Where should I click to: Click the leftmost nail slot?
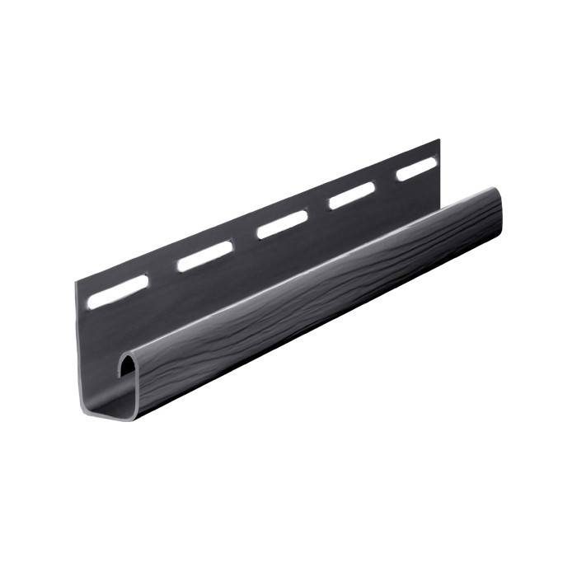[118, 292]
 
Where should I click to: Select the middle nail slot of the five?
[282, 223]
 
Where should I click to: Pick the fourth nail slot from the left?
[352, 195]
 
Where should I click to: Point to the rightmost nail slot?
[416, 168]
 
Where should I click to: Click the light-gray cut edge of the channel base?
[107, 412]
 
